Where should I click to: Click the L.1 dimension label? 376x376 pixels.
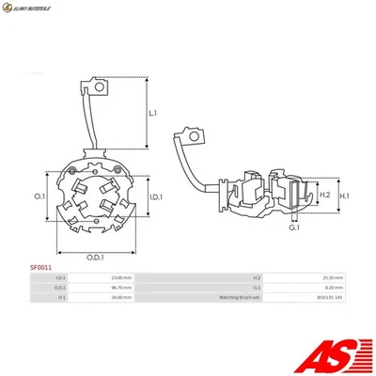[x=153, y=114]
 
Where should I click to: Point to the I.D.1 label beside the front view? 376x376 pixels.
[x=157, y=196]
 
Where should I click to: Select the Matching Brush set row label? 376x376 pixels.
[x=239, y=297]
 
